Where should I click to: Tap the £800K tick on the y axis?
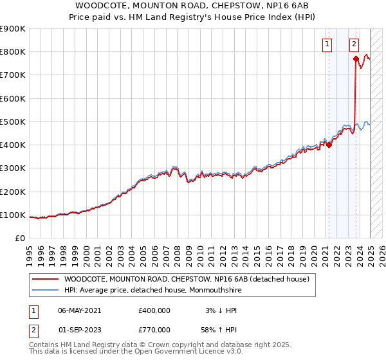point(13,52)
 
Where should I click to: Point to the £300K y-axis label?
point(13,168)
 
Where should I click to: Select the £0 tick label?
point(19,238)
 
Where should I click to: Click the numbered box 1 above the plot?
point(328,44)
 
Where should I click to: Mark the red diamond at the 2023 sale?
point(356,59)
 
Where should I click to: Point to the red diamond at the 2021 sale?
point(329,145)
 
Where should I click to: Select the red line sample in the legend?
point(45,279)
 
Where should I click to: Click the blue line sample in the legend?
point(45,289)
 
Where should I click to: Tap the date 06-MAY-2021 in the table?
point(80,310)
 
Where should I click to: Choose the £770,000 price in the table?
point(154,329)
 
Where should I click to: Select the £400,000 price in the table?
point(154,310)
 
